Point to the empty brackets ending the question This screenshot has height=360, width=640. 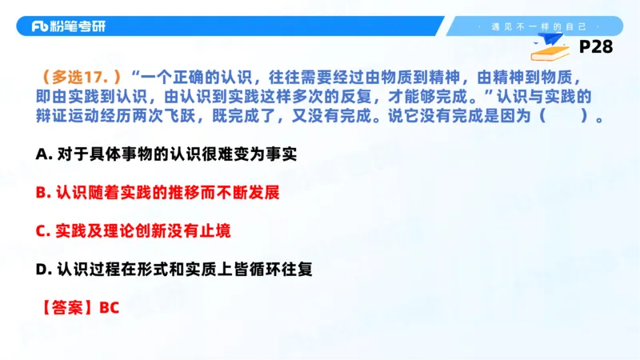point(564,116)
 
